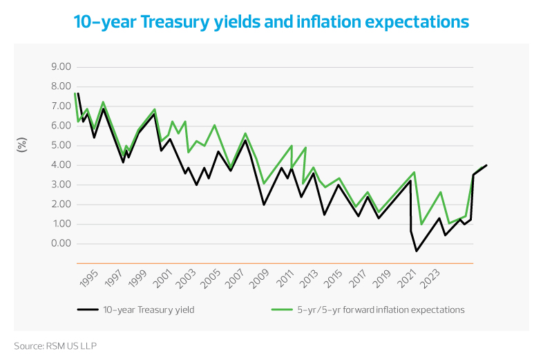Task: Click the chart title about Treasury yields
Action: pos(271,22)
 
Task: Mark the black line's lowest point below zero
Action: pos(416,251)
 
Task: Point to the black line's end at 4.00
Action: pos(487,165)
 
